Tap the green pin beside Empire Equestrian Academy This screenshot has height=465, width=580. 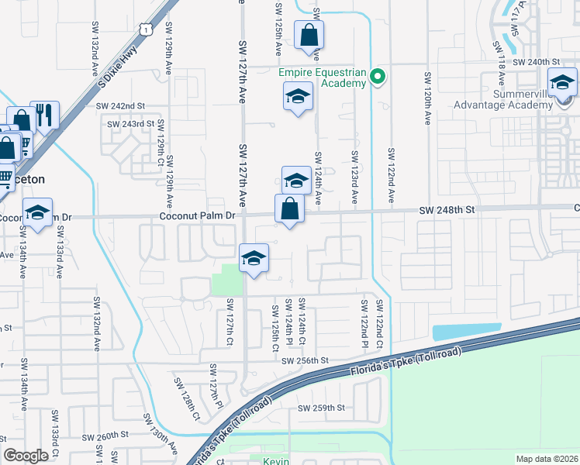click(378, 77)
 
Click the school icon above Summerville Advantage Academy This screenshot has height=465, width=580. click(561, 81)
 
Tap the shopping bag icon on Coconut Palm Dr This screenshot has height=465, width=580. click(288, 208)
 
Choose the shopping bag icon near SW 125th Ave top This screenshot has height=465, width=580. click(309, 34)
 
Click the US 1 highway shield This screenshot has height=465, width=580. click(145, 29)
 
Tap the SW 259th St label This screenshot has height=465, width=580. click(320, 408)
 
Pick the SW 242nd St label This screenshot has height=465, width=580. click(120, 105)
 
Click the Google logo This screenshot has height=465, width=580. click(26, 456)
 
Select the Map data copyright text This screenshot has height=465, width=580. click(546, 459)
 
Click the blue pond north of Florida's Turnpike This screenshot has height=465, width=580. click(465, 332)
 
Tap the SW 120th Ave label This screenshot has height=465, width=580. click(427, 99)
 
